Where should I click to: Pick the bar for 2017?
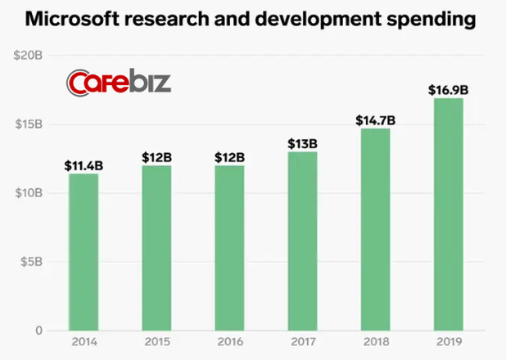[301, 241]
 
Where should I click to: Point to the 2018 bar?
[375, 229]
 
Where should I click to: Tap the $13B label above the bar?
[301, 144]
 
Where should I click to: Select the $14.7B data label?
[375, 120]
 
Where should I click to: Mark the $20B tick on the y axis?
[29, 56]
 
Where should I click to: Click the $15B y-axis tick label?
[29, 124]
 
